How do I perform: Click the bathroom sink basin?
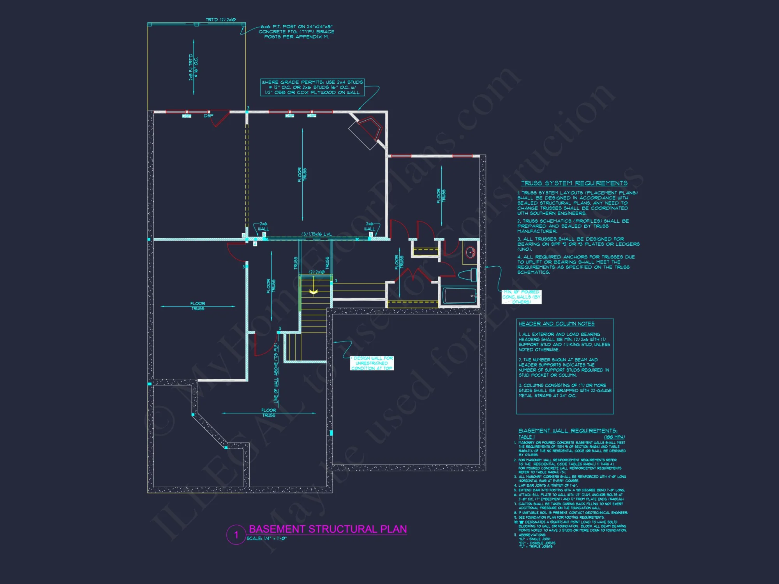point(471,252)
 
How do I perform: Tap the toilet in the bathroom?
point(468,275)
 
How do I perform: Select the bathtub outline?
point(459,296)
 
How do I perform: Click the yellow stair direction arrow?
point(314,292)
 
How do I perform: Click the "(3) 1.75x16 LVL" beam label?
point(317,234)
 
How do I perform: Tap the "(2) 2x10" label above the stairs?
point(317,272)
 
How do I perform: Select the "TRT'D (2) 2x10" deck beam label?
point(220,19)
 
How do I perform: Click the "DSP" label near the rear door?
point(208,116)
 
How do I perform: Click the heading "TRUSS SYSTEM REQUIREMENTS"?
point(574,183)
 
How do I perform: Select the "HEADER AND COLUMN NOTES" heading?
point(556,324)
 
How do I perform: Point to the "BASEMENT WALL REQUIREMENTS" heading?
point(568,431)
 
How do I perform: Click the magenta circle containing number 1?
point(236,535)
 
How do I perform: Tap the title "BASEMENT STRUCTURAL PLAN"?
point(328,529)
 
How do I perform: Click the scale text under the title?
point(266,538)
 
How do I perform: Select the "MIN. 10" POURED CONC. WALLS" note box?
point(521,297)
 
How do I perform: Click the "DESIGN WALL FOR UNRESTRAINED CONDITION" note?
point(372,363)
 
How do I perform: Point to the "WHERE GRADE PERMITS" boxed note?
point(312,87)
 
